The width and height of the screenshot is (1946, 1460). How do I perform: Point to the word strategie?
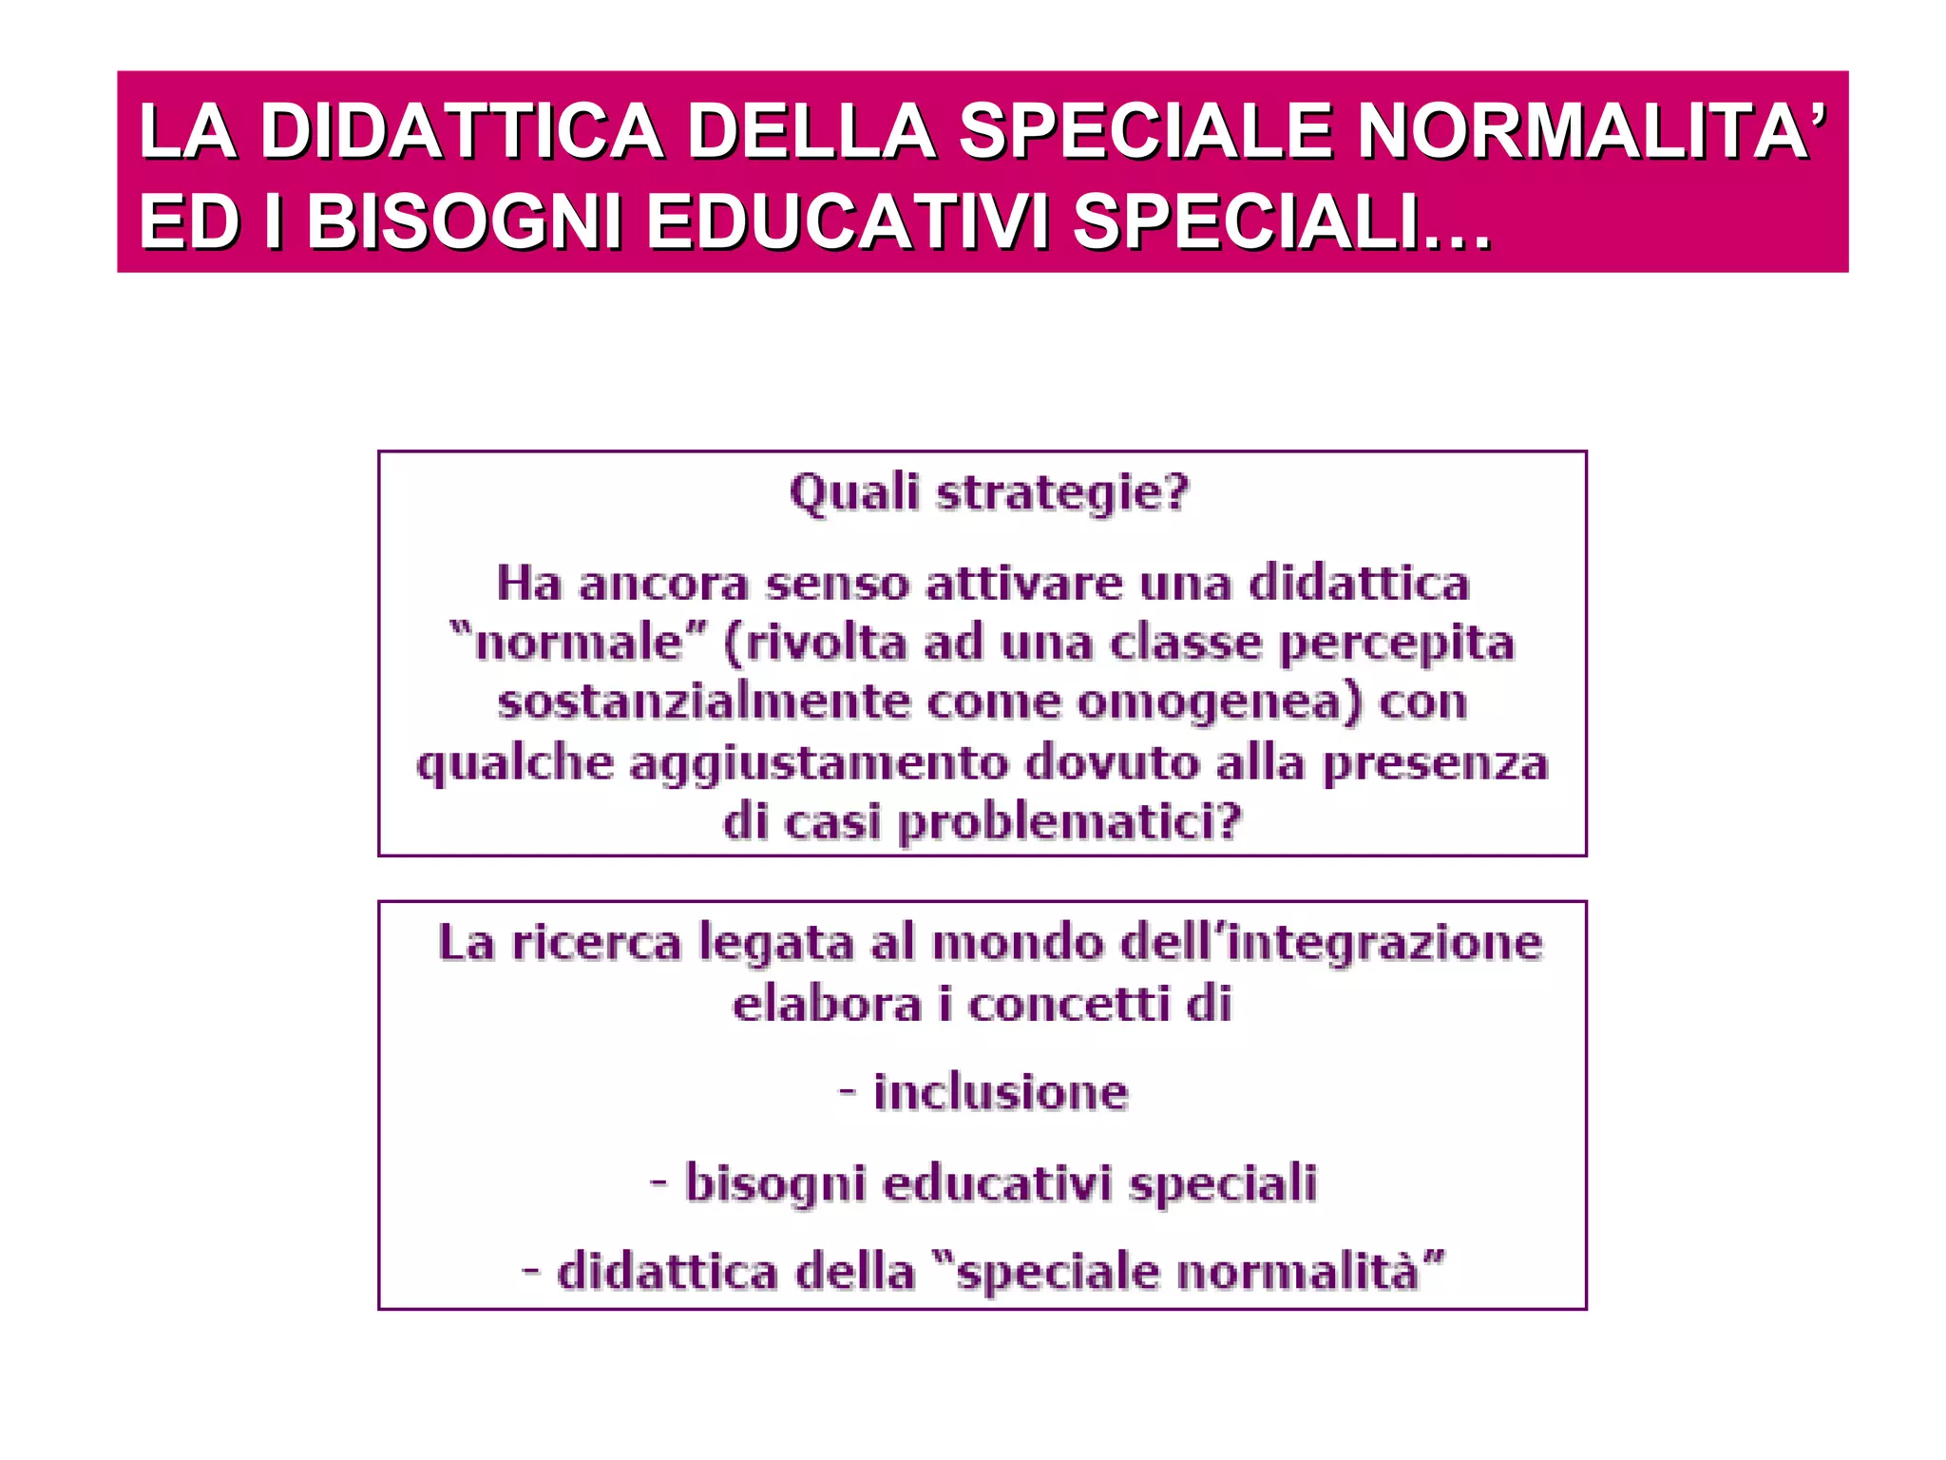pyautogui.click(x=1062, y=493)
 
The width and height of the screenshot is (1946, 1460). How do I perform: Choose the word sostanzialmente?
pyautogui.click(x=704, y=703)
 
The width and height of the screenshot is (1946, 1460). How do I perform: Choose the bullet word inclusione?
pyautogui.click(x=1001, y=1092)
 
